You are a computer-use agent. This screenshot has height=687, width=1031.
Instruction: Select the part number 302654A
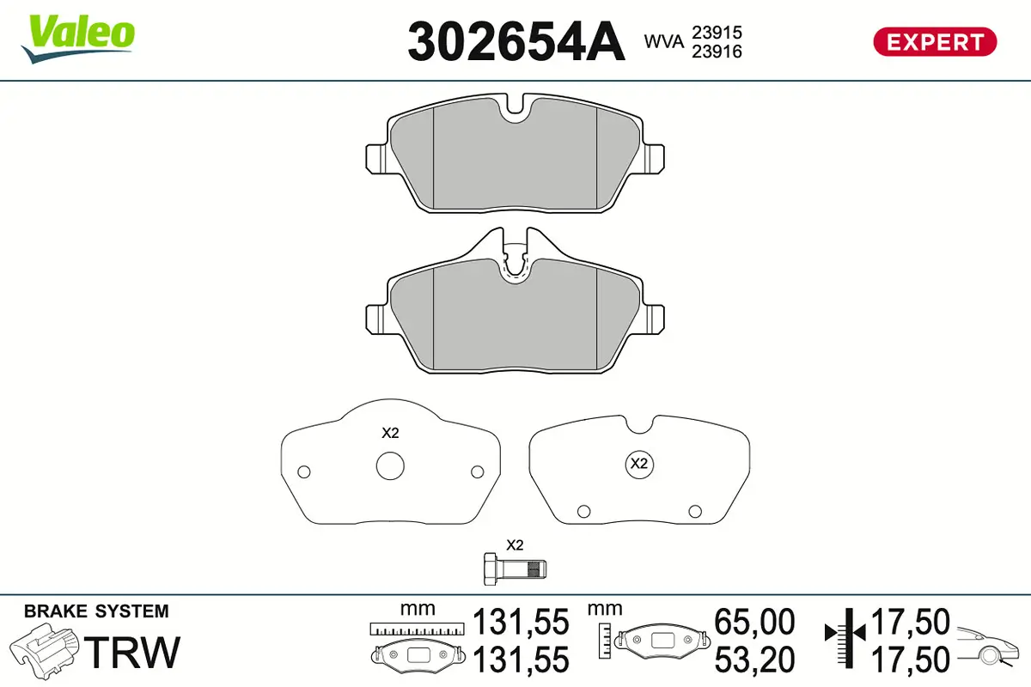coord(516,41)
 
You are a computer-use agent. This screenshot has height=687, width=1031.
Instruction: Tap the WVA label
coord(664,40)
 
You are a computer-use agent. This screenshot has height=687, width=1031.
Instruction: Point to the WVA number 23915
coord(717,32)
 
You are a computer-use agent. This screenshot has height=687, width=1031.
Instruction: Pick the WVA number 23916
coord(717,52)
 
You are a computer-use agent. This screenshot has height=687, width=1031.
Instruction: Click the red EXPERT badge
coord(934,41)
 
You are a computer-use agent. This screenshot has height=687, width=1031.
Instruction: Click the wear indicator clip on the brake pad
coord(515,262)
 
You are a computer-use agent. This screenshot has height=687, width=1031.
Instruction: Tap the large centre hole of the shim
coord(389,465)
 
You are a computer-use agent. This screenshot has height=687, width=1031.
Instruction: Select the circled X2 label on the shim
coord(638,464)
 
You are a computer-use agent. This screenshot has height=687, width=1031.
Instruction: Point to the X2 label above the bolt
coord(515,544)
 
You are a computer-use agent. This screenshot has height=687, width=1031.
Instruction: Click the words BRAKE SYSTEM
coord(96,611)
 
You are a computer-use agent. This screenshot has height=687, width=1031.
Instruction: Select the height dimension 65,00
coord(755,622)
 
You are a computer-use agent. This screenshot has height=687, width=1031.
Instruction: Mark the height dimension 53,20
coord(755,660)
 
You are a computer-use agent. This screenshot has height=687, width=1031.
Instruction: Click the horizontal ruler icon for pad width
coord(416,629)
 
